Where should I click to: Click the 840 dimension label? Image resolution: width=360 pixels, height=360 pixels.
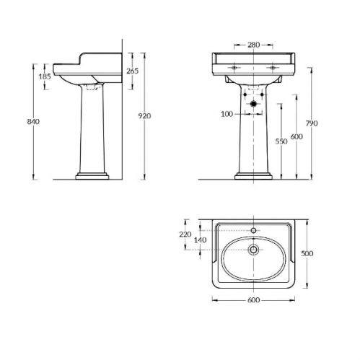pos(33,122)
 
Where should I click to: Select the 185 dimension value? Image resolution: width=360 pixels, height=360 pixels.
pos(45,76)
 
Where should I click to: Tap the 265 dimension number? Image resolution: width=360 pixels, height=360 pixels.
pos(133,71)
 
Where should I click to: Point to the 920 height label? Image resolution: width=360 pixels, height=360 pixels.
pos(145,116)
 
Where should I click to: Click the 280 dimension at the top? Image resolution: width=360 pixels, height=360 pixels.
pos(254,45)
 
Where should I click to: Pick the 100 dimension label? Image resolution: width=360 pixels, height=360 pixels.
pos(227,114)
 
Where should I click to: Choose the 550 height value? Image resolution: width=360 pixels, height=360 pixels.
pos(281,141)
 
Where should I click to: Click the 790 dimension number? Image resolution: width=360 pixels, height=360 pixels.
pos(312,123)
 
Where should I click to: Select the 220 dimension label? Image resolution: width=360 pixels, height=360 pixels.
pos(185,234)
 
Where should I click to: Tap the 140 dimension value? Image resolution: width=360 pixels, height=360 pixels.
pos(201,240)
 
